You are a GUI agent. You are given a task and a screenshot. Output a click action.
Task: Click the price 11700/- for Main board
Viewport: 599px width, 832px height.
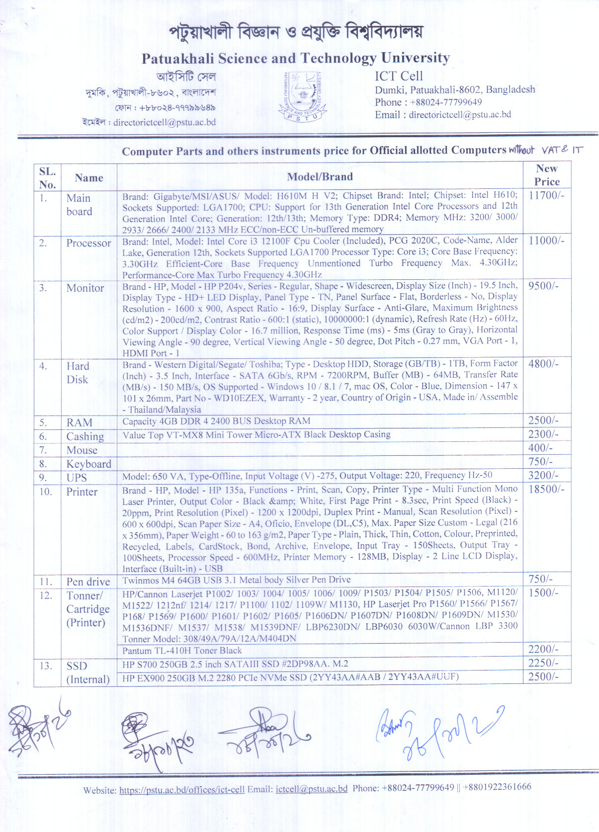[x=546, y=195]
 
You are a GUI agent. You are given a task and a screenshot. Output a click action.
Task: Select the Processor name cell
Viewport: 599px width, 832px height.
[x=88, y=243]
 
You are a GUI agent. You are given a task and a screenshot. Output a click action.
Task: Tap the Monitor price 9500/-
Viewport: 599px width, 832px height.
[x=543, y=286]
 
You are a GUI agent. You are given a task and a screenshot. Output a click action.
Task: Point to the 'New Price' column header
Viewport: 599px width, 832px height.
[x=547, y=175]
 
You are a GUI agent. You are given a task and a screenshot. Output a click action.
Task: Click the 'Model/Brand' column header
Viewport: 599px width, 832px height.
[x=320, y=176]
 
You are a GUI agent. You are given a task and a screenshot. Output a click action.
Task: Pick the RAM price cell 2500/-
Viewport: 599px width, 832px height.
[x=543, y=420]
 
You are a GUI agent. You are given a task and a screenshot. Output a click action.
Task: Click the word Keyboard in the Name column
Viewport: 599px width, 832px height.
[x=88, y=464]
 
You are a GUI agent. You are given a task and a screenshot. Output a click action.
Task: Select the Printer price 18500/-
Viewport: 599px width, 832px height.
[x=546, y=489]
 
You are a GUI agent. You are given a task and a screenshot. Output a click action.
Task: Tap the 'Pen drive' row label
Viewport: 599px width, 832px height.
[x=88, y=582]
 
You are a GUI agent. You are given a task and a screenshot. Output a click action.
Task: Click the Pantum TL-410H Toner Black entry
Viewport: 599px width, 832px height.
[x=182, y=651]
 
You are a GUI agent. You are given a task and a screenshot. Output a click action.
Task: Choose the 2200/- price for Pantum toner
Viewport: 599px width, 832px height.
[x=543, y=649]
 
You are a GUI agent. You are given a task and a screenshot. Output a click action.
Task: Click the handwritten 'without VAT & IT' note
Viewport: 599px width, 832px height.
[x=545, y=150]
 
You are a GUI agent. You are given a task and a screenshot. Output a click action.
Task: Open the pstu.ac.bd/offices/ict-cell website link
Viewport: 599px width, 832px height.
[x=182, y=790]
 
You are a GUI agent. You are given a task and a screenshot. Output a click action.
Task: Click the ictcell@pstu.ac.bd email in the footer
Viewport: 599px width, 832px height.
[x=311, y=789]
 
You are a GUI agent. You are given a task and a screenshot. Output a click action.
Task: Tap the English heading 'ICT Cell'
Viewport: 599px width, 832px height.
[x=399, y=76]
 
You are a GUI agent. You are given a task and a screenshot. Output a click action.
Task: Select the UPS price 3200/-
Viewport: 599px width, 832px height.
[x=543, y=476]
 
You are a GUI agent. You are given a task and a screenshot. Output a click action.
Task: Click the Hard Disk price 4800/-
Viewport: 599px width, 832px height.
[x=543, y=364]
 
